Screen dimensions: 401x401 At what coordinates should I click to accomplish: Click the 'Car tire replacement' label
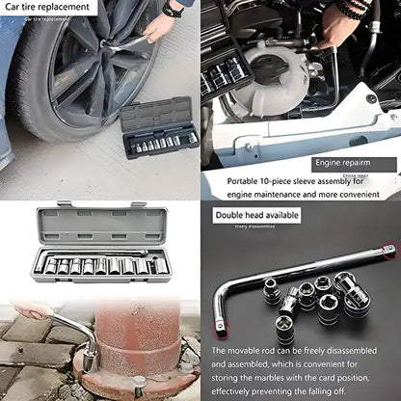pos(47,7)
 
